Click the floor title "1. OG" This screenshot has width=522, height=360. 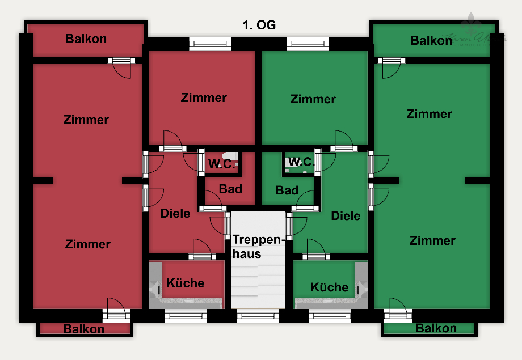click(259, 26)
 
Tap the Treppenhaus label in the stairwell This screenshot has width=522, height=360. click(257, 247)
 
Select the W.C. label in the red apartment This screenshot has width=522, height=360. click(221, 164)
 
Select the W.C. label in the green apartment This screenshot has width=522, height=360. click(301, 162)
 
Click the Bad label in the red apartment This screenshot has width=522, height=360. click(230, 189)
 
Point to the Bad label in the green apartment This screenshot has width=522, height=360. click(287, 190)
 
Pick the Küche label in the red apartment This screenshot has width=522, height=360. click(186, 283)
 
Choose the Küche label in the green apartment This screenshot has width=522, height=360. click(330, 287)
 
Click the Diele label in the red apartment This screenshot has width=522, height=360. click(175, 214)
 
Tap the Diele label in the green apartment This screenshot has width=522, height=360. click(346, 215)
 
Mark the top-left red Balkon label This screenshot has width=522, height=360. click(86, 39)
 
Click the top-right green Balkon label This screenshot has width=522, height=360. click(431, 40)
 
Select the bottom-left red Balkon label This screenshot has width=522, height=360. click(84, 329)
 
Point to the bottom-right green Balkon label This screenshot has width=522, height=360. click(436, 328)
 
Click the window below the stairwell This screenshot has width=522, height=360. click(258, 316)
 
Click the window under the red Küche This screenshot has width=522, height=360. click(186, 316)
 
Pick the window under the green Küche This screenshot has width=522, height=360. click(330, 316)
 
